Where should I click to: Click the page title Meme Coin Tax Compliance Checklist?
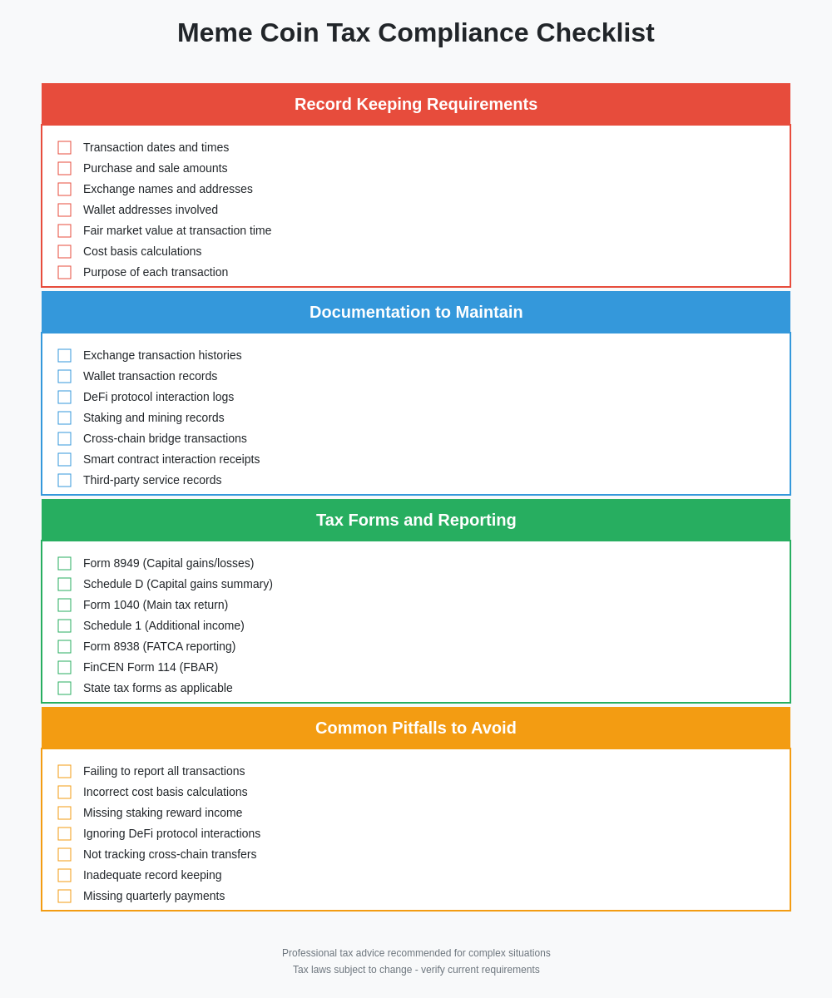point(416,33)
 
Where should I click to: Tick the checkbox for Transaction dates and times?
point(64,147)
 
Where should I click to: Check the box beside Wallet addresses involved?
point(64,210)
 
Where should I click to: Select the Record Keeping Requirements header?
point(416,104)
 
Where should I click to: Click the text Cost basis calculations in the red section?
point(142,251)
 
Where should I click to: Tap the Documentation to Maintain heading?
point(416,312)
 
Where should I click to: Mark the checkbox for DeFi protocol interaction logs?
point(64,397)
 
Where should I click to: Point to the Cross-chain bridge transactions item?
point(165,438)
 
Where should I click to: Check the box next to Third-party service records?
point(64,480)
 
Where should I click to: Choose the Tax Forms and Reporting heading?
point(416,520)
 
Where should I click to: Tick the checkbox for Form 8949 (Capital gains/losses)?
point(64,563)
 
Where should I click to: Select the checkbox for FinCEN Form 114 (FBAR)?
point(64,667)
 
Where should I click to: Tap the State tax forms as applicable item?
point(158,688)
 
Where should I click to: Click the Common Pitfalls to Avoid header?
point(416,728)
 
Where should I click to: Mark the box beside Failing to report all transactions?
point(64,771)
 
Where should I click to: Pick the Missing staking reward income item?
point(163,813)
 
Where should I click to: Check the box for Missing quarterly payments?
point(64,896)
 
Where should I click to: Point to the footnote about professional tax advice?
point(416,953)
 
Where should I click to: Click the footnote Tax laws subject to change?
point(416,970)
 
